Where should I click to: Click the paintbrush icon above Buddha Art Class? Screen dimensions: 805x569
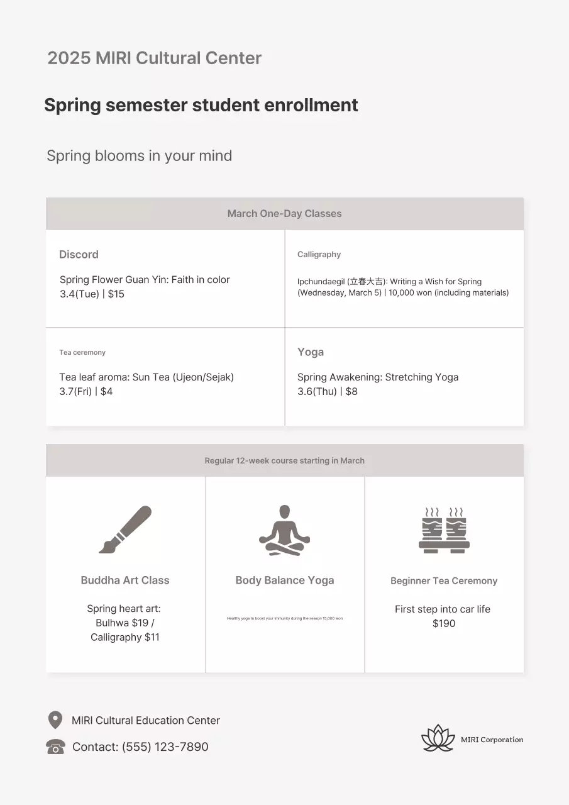pos(125,530)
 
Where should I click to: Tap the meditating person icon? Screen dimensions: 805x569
pos(284,530)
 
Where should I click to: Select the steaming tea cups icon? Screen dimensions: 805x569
pos(444,530)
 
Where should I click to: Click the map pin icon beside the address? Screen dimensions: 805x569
pos(55,720)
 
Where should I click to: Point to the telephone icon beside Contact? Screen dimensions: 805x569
pos(55,747)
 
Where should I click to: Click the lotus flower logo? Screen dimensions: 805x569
pos(438,738)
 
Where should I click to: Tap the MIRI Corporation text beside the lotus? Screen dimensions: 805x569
pos(492,740)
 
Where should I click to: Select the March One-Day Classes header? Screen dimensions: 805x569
pos(284,214)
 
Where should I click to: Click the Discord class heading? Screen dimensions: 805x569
pos(79,255)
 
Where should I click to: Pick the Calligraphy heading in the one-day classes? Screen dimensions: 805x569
pos(319,255)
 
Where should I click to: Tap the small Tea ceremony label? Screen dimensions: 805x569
pos(82,353)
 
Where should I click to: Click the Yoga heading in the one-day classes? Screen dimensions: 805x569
pos(311,352)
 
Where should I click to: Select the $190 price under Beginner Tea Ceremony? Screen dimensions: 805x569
pos(444,624)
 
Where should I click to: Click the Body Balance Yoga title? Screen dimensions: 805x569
pos(284,580)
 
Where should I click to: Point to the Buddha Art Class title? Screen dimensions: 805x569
pos(125,580)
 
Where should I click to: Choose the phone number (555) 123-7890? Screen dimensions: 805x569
pos(165,747)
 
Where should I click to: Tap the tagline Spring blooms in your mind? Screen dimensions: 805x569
pos(139,156)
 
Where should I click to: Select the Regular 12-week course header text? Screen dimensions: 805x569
pos(284,461)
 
